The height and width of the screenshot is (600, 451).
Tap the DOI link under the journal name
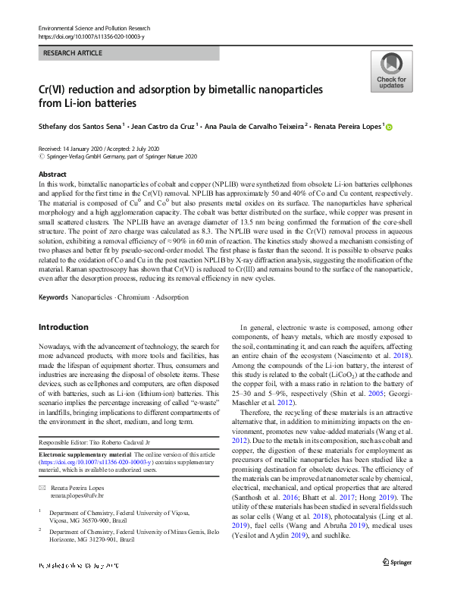[x=87, y=36]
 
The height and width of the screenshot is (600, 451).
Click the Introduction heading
[x=63, y=327]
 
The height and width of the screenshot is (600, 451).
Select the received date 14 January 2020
[x=89, y=148]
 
